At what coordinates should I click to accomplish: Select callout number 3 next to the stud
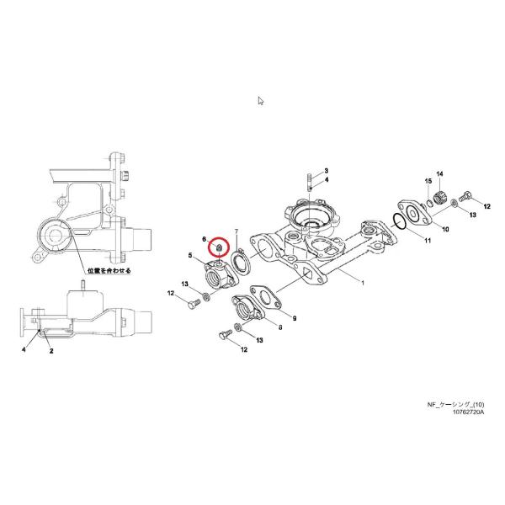pos(327,171)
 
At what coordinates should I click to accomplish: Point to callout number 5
pos(190,255)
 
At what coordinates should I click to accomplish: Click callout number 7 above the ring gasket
pos(237,231)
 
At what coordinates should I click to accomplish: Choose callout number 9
pos(295,319)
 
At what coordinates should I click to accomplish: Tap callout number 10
pos(445,229)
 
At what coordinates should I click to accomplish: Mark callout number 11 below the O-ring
pos(428,242)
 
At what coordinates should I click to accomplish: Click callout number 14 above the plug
pos(439,173)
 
